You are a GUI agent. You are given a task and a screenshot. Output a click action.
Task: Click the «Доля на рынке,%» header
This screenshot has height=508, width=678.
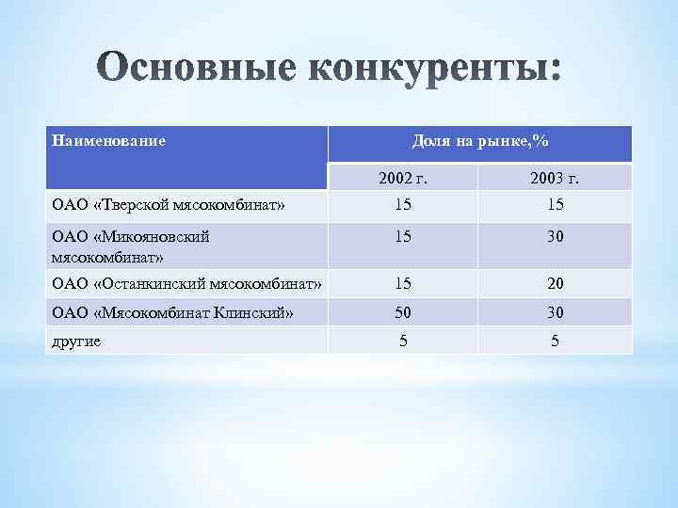coord(480,141)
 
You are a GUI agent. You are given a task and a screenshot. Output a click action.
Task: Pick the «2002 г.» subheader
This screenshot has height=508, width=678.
coord(403,179)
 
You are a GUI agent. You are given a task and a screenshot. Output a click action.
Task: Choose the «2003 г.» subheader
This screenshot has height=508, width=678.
coord(555,179)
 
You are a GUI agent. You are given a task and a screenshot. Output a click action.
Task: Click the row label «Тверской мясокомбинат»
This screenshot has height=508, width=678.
coord(154,204)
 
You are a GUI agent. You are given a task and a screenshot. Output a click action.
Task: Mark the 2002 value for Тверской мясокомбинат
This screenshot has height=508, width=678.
coord(403,204)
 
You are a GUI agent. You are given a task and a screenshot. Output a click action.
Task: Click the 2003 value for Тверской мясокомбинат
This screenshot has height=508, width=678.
coord(555,204)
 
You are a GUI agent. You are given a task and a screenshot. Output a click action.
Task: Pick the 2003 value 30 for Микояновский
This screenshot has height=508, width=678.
coord(555,238)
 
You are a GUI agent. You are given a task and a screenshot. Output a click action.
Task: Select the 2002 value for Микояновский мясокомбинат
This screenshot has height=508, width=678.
coord(403,238)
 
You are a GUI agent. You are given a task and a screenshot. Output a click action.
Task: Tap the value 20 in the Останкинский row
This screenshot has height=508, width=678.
coord(555,283)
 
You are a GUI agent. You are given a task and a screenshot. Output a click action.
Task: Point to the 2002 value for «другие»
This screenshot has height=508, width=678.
coord(403,341)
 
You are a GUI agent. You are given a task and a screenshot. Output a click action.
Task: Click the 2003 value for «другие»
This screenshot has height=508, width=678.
coord(555,341)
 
